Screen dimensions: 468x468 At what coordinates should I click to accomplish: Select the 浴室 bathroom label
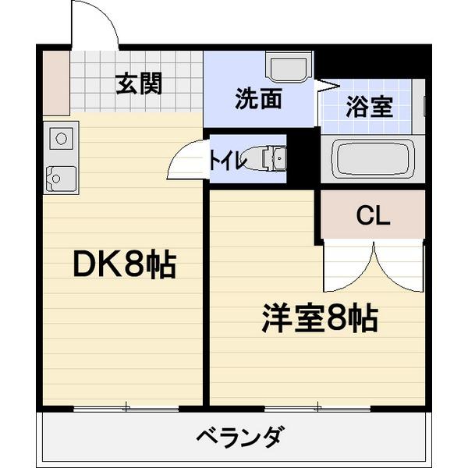369,106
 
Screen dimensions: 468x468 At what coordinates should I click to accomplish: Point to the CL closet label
373,217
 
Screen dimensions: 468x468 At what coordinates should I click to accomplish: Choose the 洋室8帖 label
319,318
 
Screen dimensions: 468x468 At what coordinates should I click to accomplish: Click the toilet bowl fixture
270,158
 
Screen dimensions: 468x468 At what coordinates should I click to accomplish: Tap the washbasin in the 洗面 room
288,67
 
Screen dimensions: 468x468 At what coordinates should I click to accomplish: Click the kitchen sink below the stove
59,178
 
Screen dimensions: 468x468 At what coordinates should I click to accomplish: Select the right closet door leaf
399,265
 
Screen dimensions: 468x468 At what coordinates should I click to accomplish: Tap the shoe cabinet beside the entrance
55,83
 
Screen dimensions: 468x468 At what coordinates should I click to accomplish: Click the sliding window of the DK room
125,407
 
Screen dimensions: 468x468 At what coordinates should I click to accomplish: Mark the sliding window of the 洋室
317,407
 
